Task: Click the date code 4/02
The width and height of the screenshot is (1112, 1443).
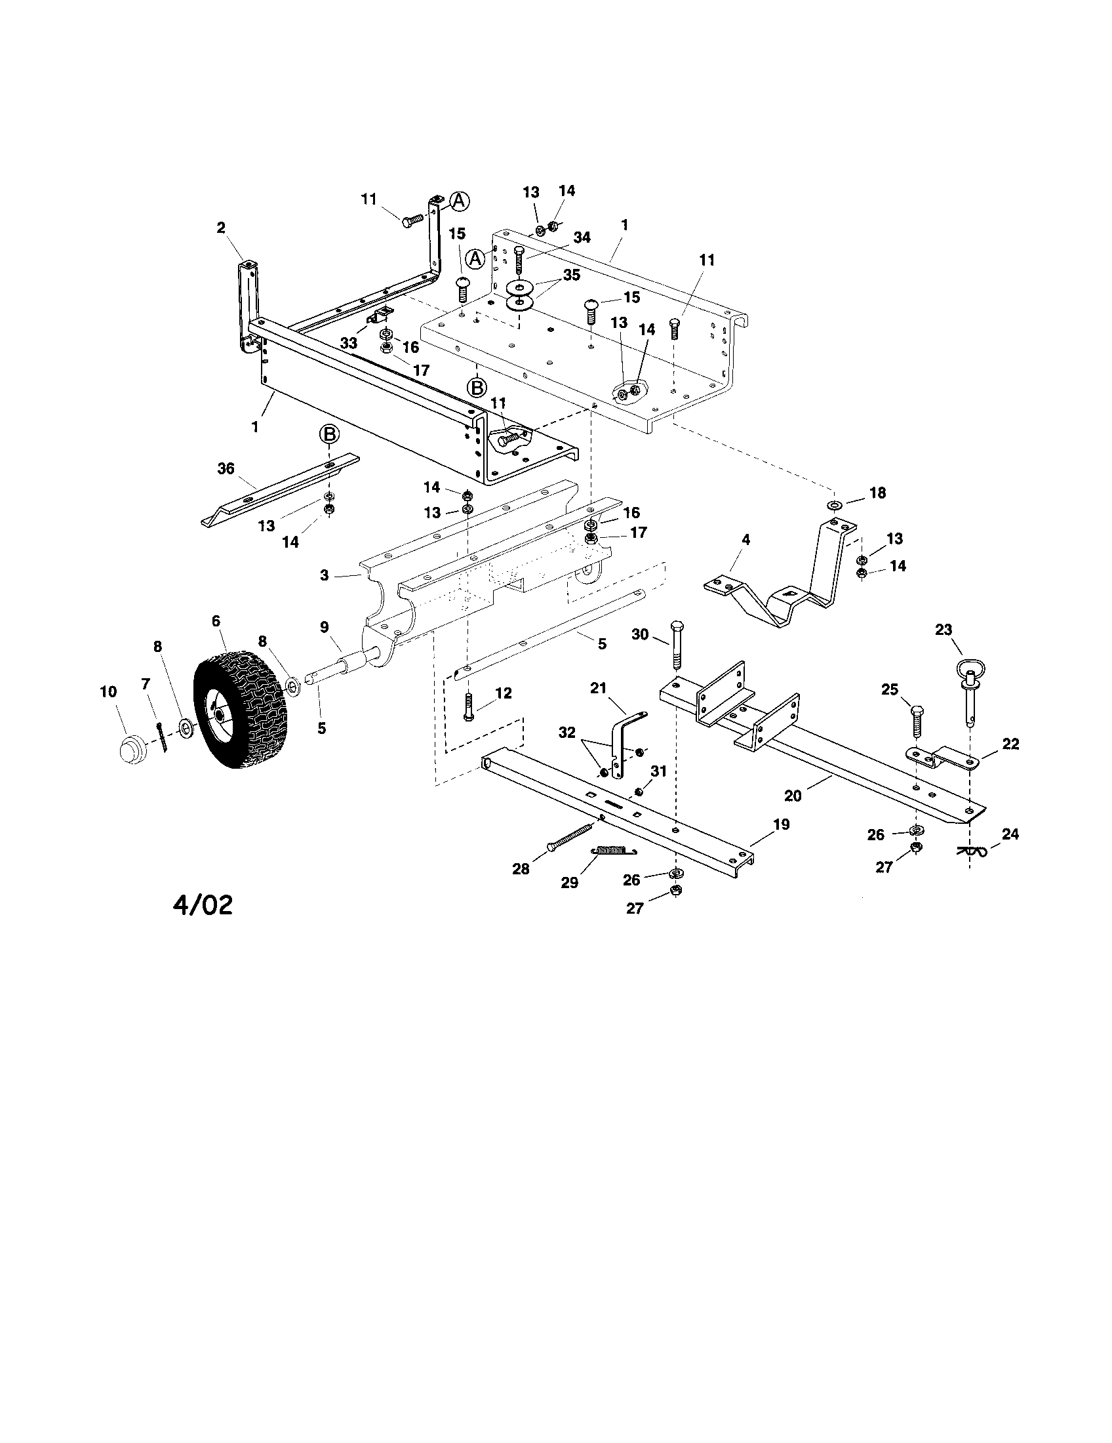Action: point(203,904)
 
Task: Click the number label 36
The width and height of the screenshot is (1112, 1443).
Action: point(226,468)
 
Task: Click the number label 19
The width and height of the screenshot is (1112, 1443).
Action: point(781,824)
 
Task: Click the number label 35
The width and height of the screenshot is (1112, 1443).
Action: point(571,275)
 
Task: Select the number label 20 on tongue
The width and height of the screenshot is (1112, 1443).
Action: point(793,796)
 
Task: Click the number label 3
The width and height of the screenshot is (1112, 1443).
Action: point(324,575)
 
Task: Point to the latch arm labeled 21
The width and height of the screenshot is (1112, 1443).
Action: point(621,740)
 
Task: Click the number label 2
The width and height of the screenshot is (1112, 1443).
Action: point(220,228)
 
